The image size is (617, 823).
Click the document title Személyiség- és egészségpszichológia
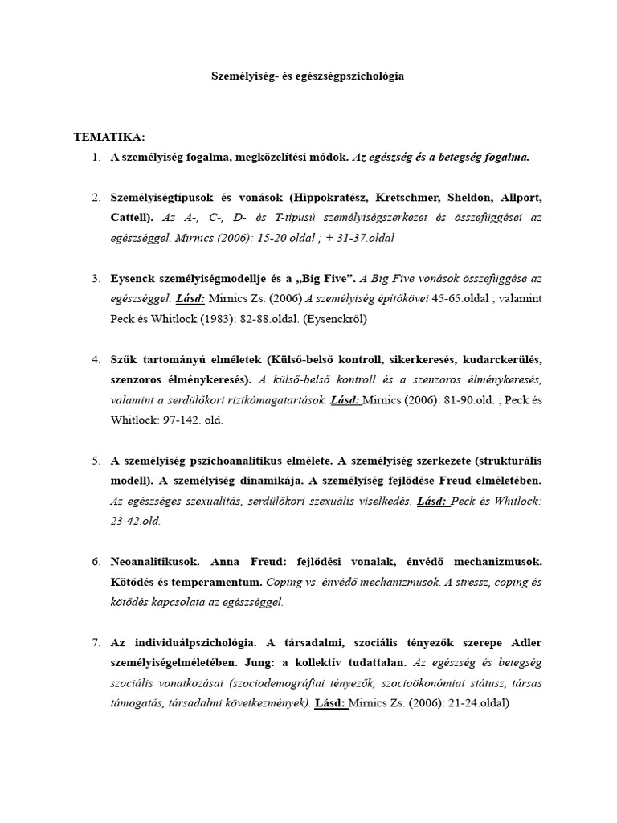point(308,76)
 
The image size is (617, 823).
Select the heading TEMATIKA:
point(109,137)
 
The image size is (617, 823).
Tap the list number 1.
point(96,158)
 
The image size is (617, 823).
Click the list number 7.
point(96,642)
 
